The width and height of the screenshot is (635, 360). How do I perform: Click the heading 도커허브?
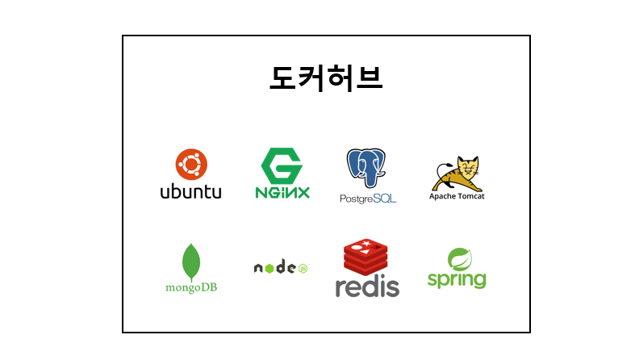[326, 78]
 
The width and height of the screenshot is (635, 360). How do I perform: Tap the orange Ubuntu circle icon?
[191, 165]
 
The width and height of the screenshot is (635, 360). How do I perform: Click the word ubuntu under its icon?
[190, 192]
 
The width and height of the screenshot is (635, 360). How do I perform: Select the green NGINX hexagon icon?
[282, 165]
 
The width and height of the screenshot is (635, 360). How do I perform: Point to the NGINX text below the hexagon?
[282, 193]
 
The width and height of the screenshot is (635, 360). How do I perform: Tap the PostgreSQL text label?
[368, 199]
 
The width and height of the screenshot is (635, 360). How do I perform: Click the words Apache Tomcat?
[457, 196]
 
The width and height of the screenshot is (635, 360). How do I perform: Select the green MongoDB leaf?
[191, 261]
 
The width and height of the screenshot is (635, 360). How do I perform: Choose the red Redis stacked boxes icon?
[366, 257]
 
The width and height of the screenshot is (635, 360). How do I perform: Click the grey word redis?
[367, 287]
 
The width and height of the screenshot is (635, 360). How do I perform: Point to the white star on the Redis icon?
[367, 244]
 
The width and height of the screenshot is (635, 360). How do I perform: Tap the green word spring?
[457, 280]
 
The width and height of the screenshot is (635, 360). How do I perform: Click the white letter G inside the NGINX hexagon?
[282, 165]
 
